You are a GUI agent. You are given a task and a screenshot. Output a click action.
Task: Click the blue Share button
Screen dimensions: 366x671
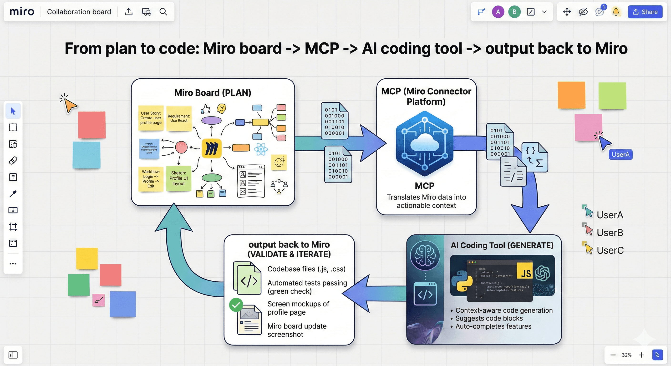click(645, 12)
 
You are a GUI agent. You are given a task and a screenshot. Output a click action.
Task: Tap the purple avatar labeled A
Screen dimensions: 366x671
click(498, 12)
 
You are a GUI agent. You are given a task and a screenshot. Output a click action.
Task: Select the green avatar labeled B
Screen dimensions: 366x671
click(514, 12)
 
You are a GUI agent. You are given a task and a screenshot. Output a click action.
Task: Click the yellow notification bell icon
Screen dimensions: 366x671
click(616, 12)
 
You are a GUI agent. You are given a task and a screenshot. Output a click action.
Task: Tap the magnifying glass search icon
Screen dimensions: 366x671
click(163, 12)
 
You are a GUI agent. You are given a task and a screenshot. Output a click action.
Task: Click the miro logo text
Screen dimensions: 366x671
click(22, 12)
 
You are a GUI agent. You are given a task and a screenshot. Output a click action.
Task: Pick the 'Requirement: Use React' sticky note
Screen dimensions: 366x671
click(179, 118)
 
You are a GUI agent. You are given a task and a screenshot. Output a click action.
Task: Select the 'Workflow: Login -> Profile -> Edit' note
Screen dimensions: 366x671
click(151, 179)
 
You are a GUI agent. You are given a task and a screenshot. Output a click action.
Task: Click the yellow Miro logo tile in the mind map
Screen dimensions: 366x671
click(212, 148)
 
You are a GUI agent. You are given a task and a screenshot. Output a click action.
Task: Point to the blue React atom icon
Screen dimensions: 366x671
click(261, 149)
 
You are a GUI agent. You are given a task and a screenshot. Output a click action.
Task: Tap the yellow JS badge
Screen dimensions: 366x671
click(525, 273)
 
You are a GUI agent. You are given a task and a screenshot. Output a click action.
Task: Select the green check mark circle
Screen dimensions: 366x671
click(236, 305)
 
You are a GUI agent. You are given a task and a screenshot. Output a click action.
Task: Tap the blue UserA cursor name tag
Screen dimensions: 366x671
click(620, 154)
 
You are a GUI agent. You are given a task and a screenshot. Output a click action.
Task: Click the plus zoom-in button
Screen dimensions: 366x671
click(641, 355)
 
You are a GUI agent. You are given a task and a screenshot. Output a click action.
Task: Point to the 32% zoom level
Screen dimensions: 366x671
click(626, 355)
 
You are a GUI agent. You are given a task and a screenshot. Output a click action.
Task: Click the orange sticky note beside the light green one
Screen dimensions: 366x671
click(571, 95)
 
